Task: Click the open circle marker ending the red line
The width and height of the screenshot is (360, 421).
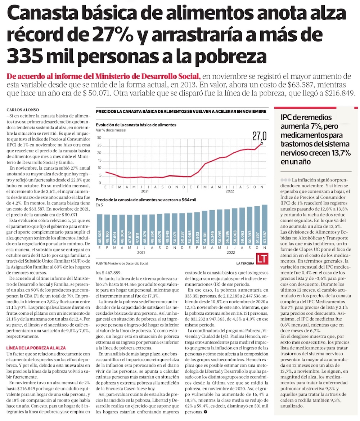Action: [262, 143]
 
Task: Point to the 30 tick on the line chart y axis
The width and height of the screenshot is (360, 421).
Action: [99, 138]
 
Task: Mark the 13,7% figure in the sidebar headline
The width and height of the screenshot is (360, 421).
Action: [339, 152]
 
